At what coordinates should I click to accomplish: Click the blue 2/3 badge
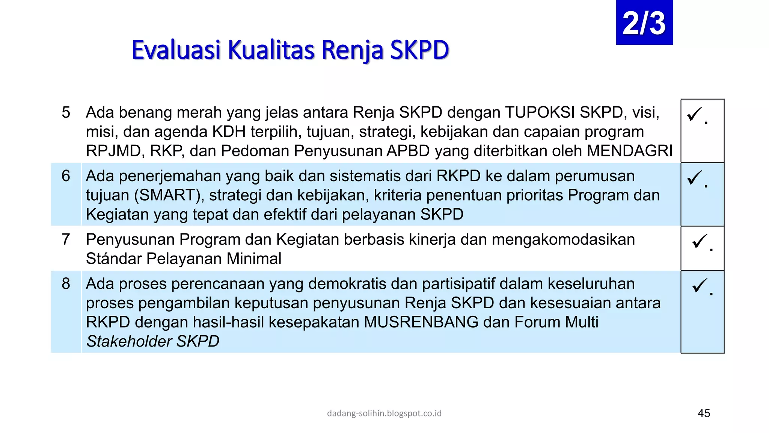tap(644, 23)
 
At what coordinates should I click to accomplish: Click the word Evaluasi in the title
tap(176, 50)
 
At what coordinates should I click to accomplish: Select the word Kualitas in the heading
tap(271, 50)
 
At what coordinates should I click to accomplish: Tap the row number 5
tap(66, 112)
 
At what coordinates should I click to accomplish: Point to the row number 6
tap(66, 176)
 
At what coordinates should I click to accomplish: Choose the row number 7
tap(66, 239)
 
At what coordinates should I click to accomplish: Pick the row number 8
tap(66, 283)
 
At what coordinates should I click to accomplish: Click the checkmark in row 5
tap(695, 114)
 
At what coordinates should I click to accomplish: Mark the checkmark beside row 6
tap(695, 177)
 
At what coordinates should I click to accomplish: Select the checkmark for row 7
tap(700, 241)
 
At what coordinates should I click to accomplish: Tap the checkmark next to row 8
tap(700, 285)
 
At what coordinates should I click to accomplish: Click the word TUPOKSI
tap(540, 112)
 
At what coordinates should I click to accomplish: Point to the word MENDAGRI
tap(630, 151)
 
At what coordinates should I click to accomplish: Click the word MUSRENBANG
tap(421, 322)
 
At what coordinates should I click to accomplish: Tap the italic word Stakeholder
tap(129, 341)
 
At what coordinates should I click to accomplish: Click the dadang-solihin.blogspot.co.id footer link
tap(384, 413)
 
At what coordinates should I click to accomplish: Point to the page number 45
tap(704, 413)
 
